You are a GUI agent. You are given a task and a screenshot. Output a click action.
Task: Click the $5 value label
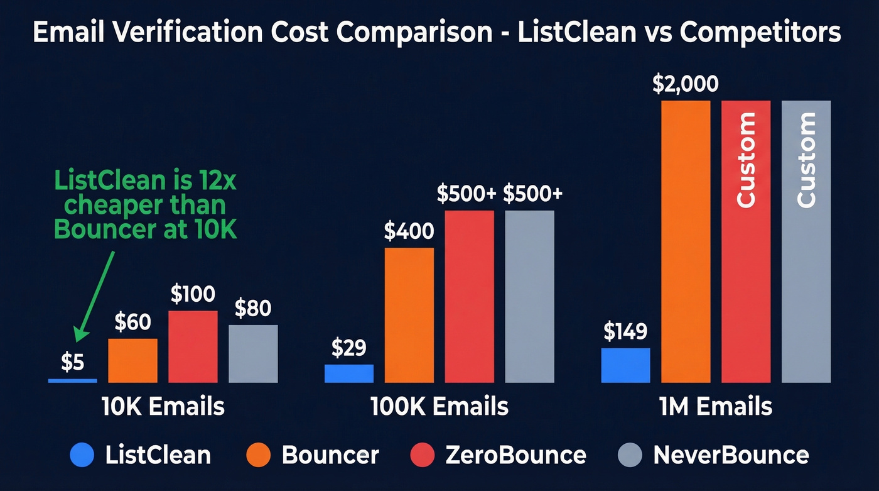[73, 363]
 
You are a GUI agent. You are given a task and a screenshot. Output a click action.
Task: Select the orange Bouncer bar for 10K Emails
[133, 360]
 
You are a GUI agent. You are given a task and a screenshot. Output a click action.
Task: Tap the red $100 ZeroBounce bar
[193, 346]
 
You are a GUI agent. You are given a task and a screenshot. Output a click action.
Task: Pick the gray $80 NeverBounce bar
[253, 353]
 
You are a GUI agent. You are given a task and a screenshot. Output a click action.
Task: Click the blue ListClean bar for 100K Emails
[349, 373]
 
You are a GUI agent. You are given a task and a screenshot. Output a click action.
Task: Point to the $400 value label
[409, 232]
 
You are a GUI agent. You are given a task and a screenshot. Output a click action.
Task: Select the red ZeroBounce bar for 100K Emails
[470, 296]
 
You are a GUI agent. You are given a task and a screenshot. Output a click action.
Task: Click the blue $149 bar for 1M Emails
[625, 365]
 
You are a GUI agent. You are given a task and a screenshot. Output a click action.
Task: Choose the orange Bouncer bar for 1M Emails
[686, 241]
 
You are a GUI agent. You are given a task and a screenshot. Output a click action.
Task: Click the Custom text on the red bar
[746, 160]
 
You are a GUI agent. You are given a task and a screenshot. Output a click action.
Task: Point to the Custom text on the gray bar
[806, 160]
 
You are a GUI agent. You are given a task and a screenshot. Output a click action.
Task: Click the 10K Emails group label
[163, 407]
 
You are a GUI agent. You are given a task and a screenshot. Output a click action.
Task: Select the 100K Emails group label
[439, 407]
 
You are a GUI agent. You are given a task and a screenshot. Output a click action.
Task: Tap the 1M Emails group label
[716, 407]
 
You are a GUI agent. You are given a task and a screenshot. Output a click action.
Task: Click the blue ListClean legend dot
[84, 455]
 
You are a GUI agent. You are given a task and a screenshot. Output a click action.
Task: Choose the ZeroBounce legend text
[515, 455]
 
